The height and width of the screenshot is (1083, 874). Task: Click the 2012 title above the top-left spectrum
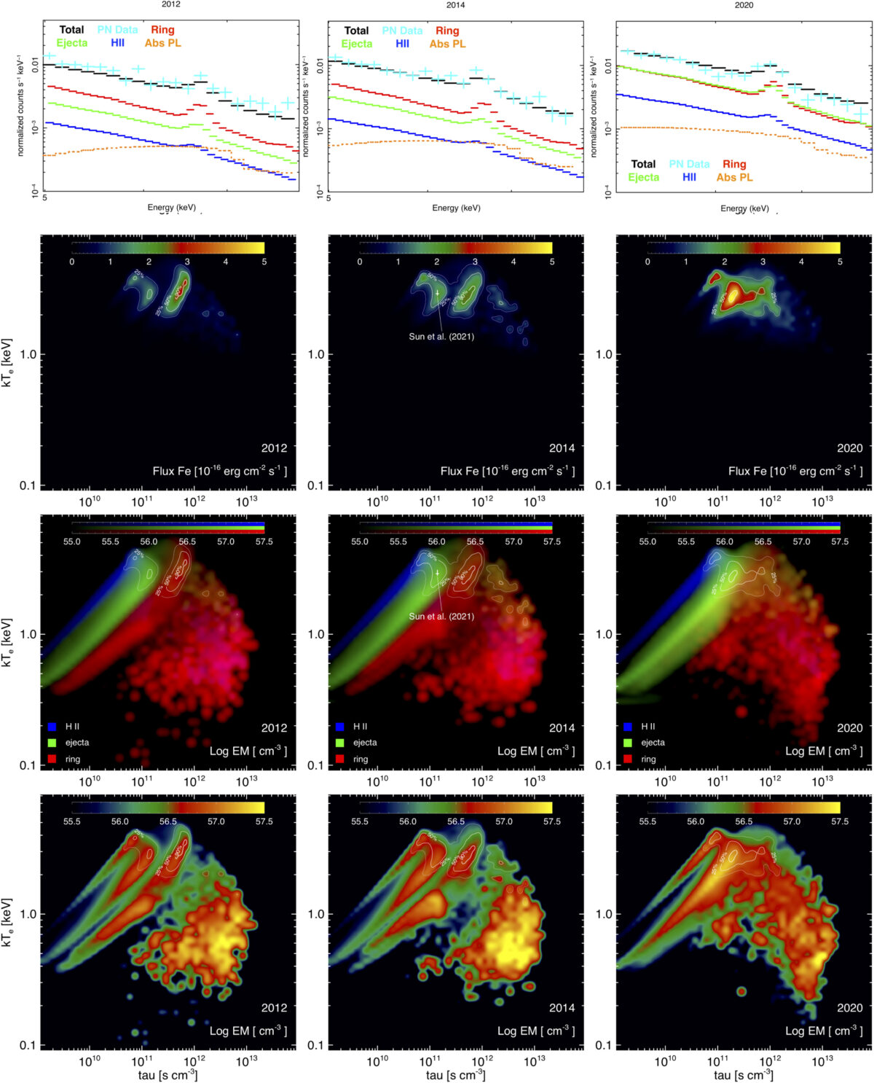pyautogui.click(x=170, y=4)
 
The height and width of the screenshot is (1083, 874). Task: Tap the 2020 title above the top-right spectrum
pyautogui.click(x=744, y=5)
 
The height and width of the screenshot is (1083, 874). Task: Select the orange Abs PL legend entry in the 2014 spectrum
pyautogui.click(x=447, y=44)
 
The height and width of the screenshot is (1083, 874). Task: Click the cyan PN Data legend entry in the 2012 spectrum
pyautogui.click(x=117, y=30)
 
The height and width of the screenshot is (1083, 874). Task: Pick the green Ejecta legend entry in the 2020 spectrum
pyautogui.click(x=643, y=177)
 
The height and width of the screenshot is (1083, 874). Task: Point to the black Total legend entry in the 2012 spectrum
pyautogui.click(x=71, y=30)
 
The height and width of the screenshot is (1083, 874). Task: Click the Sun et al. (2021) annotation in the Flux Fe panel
pyautogui.click(x=441, y=337)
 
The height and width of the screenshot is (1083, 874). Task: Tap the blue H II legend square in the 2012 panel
pyautogui.click(x=52, y=727)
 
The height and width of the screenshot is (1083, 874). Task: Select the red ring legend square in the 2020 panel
pyautogui.click(x=628, y=759)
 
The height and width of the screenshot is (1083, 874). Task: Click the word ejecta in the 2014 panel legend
pyautogui.click(x=365, y=743)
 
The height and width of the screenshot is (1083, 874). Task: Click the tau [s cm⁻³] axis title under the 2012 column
pyautogui.click(x=168, y=1075)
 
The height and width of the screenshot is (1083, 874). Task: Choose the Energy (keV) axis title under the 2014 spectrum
pyautogui.click(x=456, y=208)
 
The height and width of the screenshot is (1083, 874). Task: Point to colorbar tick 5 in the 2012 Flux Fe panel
pyautogui.click(x=264, y=262)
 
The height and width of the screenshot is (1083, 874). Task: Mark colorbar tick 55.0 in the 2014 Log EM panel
pyautogui.click(x=360, y=541)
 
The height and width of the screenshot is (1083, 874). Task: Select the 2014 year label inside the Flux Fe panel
pyautogui.click(x=562, y=448)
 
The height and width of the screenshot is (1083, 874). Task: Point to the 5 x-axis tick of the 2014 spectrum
pyautogui.click(x=328, y=198)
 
